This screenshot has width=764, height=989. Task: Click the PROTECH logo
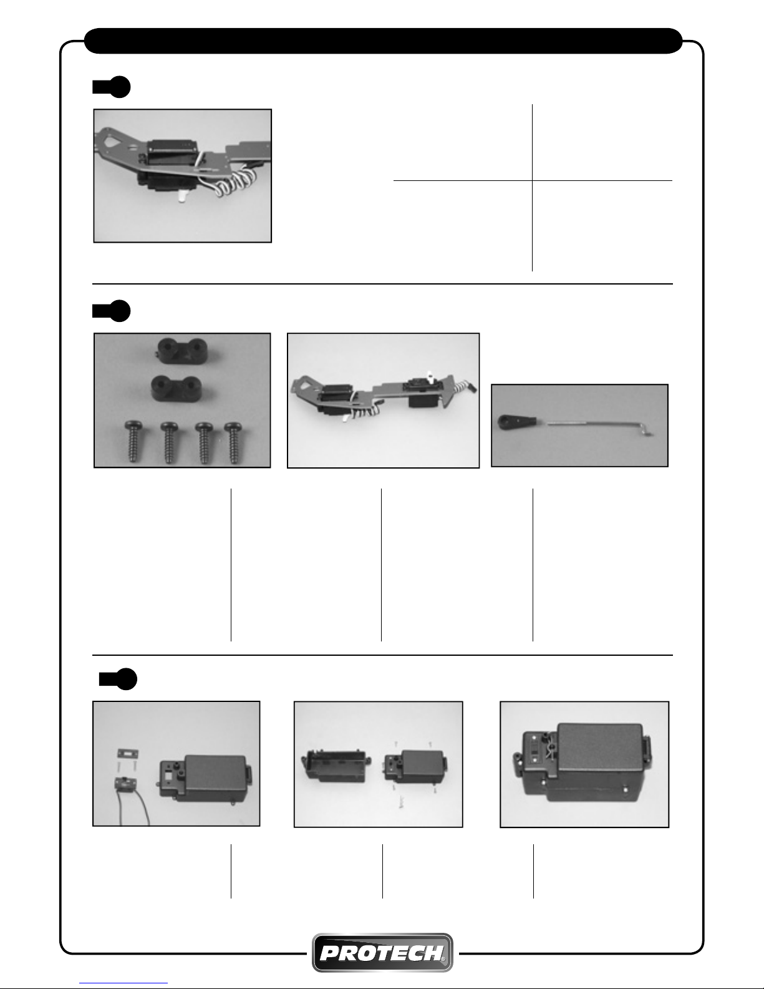click(382, 952)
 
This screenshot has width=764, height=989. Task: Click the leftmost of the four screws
click(133, 442)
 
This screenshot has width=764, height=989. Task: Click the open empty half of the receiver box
click(336, 766)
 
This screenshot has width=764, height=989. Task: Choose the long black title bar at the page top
click(383, 41)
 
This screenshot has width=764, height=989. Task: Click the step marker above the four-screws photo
click(112, 311)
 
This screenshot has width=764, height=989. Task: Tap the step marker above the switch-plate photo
click(118, 680)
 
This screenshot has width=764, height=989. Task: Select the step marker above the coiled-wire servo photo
click(112, 87)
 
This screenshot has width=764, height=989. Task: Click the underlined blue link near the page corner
click(123, 983)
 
